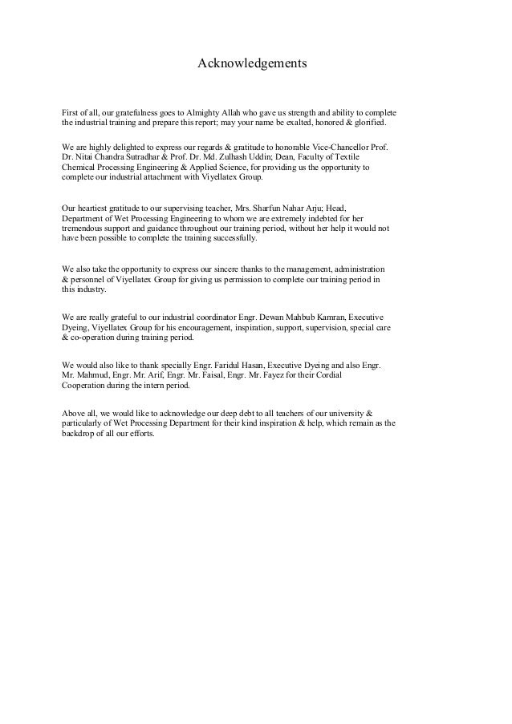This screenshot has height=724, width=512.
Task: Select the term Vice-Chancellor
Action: [x=340, y=148]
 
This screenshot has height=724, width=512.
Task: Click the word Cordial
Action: [x=358, y=375]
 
